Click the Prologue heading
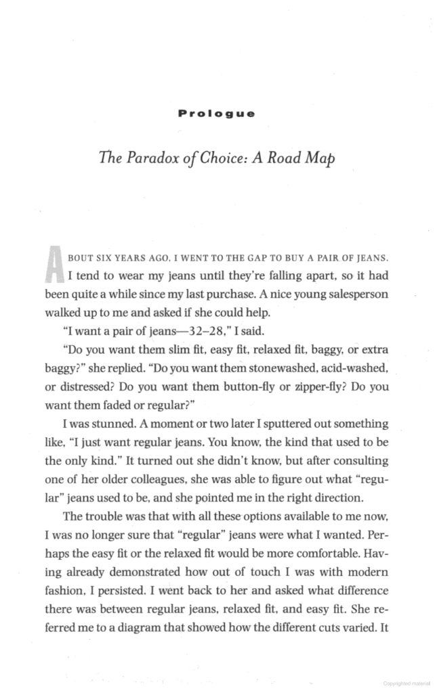coord(217,113)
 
